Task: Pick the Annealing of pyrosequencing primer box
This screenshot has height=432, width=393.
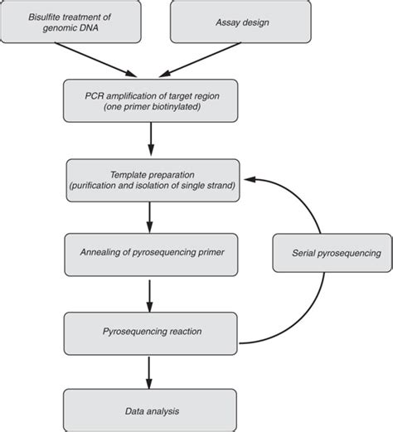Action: click(149, 254)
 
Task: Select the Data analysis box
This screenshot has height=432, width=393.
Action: click(149, 410)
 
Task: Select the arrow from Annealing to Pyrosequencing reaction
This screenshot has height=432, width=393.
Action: click(149, 292)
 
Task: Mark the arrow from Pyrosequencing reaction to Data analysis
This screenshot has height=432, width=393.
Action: click(149, 370)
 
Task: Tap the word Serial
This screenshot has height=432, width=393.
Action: click(297, 254)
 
